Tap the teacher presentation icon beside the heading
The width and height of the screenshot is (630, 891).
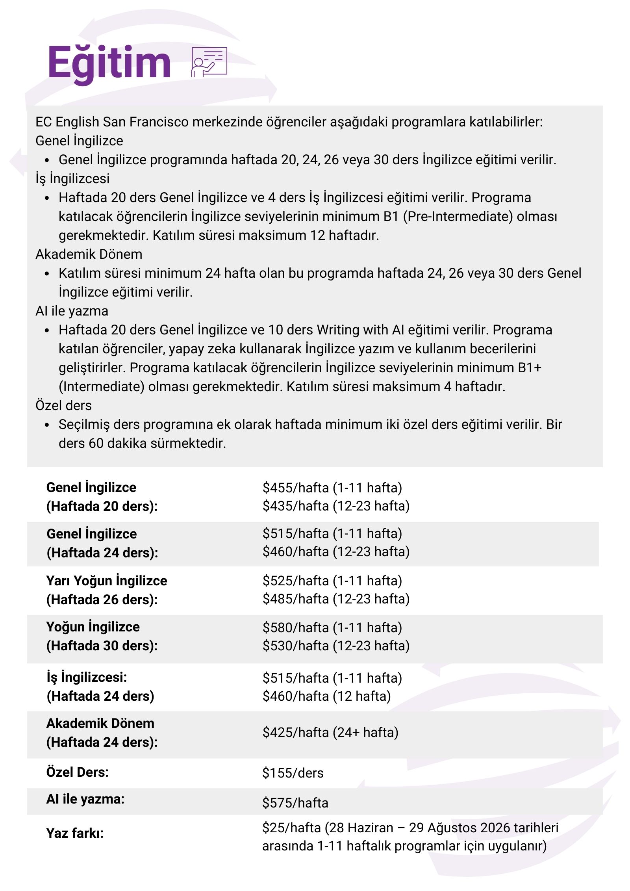[209, 62]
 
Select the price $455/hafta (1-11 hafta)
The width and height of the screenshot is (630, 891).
[332, 488]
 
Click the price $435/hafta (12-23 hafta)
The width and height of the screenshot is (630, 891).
[336, 506]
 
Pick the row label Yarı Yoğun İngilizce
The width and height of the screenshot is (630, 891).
[107, 581]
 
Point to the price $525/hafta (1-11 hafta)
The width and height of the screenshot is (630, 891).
[332, 581]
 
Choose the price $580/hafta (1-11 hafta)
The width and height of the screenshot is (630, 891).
[332, 627]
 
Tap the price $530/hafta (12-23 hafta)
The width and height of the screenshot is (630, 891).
[336, 646]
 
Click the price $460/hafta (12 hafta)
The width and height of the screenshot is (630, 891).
[326, 696]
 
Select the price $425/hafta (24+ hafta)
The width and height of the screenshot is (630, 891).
[330, 732]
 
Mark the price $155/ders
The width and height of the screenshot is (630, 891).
[293, 773]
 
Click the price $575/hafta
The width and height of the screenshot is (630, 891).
[295, 803]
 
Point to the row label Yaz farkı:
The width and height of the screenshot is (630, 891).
[75, 833]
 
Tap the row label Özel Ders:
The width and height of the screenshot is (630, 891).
[77, 772]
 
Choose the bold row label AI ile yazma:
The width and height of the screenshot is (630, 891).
[85, 799]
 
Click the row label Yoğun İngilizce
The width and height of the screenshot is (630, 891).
[93, 627]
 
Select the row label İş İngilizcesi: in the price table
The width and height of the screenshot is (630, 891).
[87, 677]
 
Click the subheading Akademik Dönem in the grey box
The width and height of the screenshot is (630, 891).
[89, 254]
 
